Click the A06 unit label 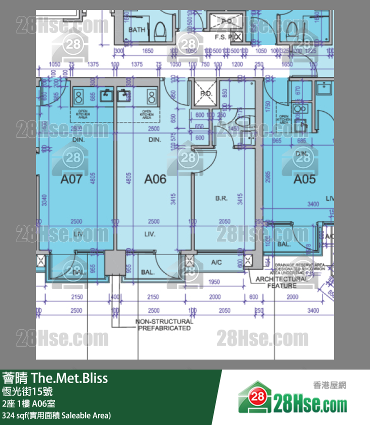click(155, 179)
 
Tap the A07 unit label click(71, 179)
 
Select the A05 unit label click(305, 179)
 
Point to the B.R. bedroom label click(221, 198)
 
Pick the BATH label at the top click(137, 30)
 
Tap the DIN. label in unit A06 click(154, 140)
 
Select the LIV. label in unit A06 click(149, 234)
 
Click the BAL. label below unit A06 click(147, 273)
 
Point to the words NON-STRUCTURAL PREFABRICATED click(164, 325)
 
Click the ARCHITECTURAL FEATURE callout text click(282, 282)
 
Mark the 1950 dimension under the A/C click(213, 282)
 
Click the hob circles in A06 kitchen click(150, 95)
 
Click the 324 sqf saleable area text click(56, 415)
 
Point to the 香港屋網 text click(329, 385)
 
